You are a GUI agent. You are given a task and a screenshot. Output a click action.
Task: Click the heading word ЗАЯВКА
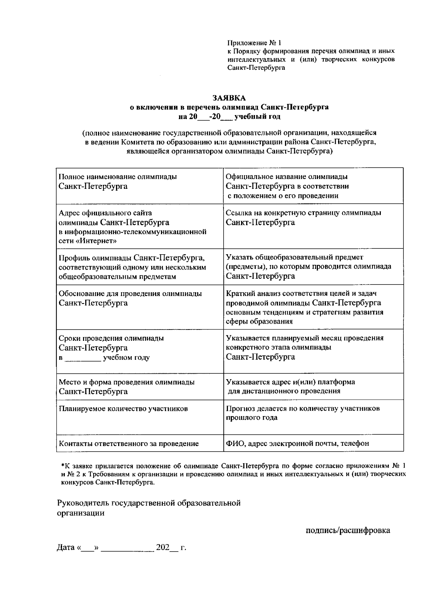[229, 98]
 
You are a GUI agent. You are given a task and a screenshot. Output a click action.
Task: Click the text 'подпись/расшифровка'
[348, 530]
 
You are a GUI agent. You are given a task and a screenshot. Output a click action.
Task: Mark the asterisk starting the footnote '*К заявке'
[62, 466]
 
